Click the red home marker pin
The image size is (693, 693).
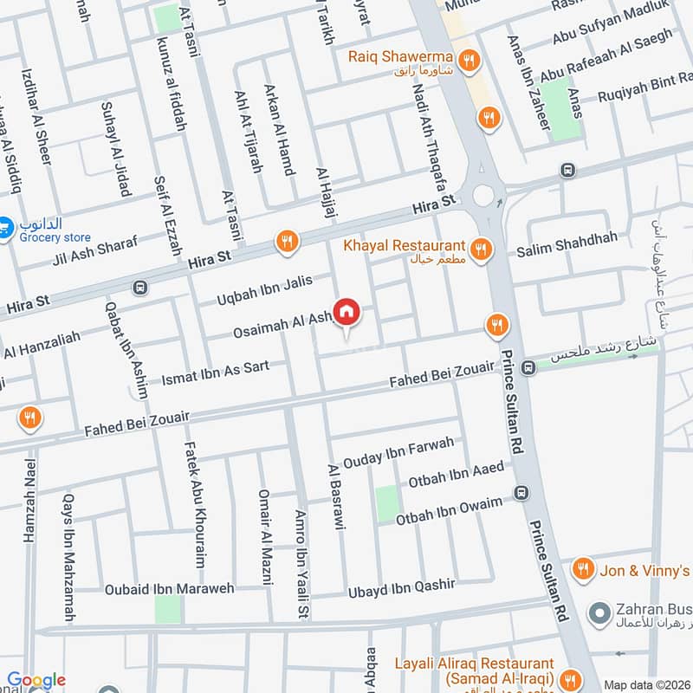pos(346,312)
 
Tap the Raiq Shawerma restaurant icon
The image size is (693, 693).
pos(470,59)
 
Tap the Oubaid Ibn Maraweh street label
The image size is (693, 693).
pos(170,589)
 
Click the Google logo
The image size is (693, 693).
pos(36,681)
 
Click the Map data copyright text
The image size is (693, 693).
pos(646,684)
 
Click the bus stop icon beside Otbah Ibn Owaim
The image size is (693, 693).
pos(521,494)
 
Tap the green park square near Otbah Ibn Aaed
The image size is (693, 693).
pos(387,503)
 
